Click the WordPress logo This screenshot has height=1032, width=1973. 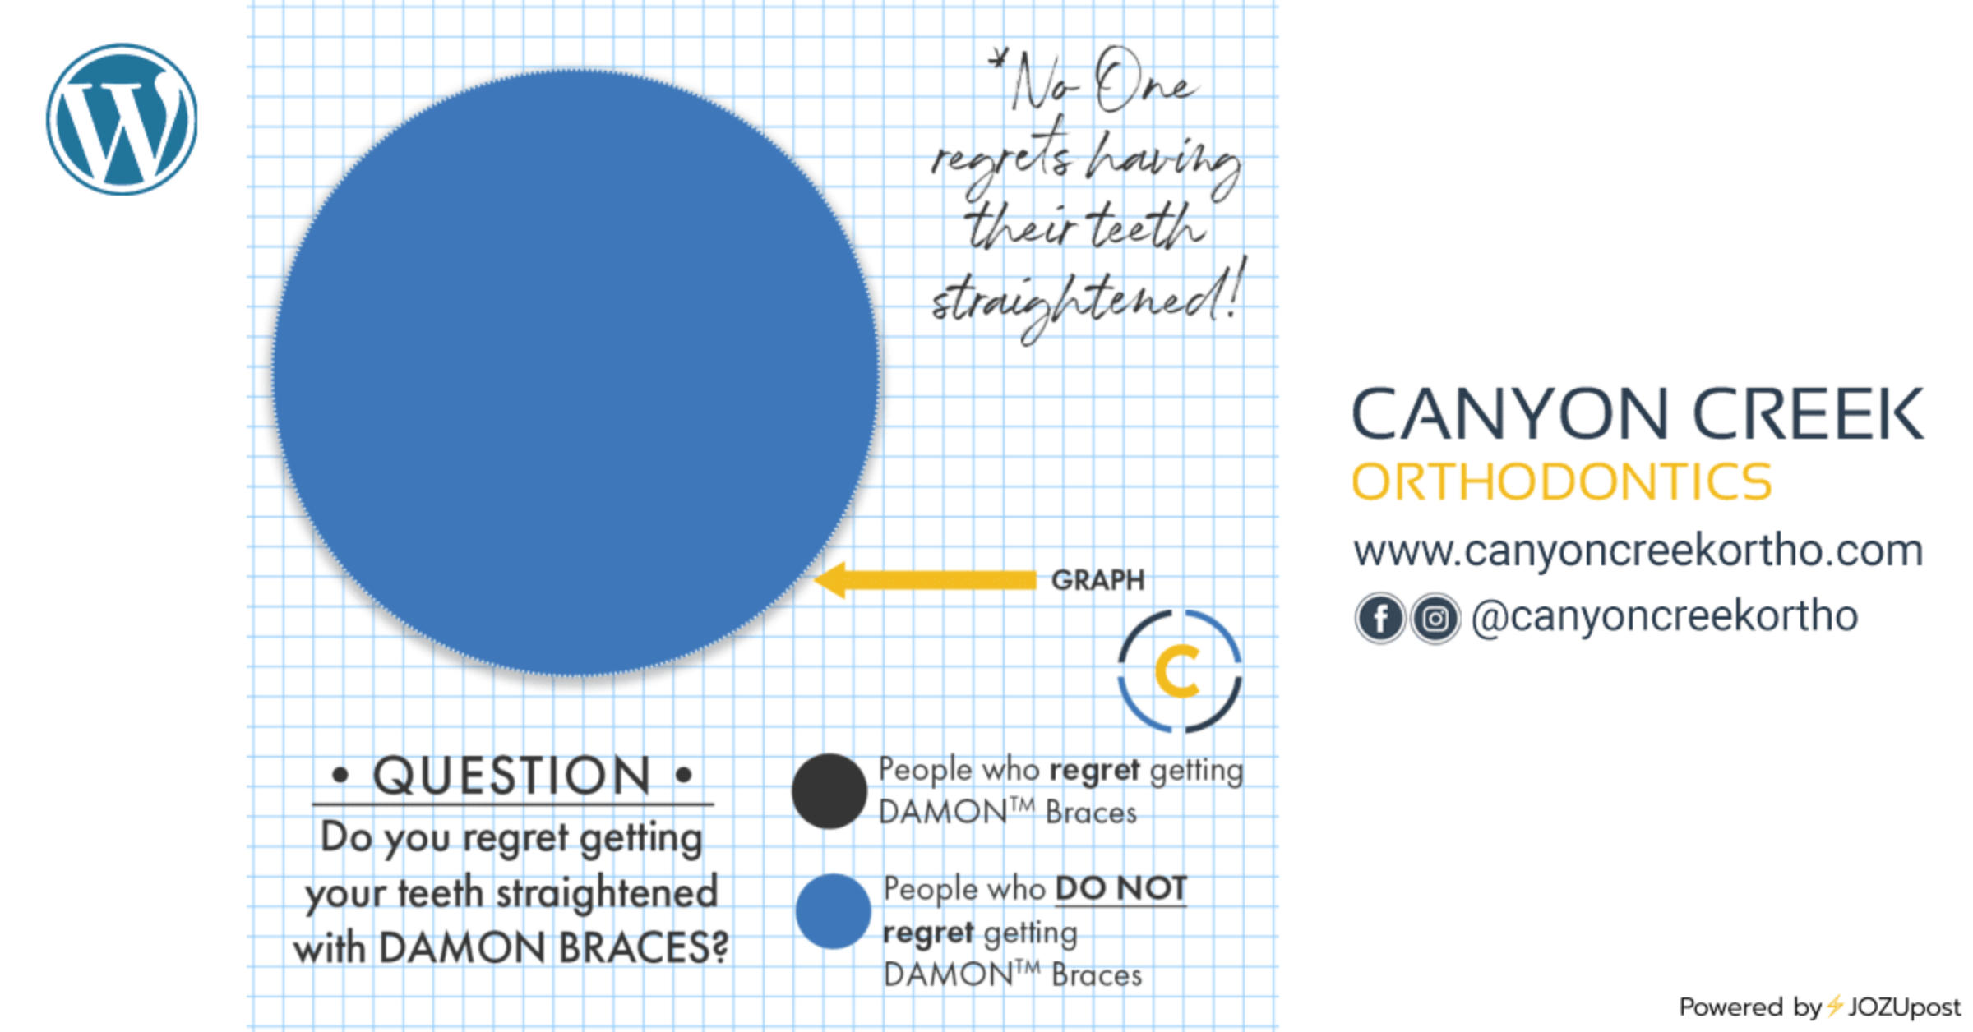click(x=122, y=120)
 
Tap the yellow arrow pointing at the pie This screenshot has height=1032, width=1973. click(x=925, y=580)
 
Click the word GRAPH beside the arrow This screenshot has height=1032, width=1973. click(x=1097, y=580)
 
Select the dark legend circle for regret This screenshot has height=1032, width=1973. click(x=829, y=790)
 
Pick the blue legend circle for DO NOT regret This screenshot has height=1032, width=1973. click(x=833, y=911)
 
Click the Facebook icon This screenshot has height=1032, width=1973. click(x=1380, y=618)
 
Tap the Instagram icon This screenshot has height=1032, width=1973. click(x=1435, y=618)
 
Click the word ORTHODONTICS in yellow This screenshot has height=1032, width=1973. click(x=1561, y=481)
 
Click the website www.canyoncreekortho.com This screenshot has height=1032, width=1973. click(x=1638, y=551)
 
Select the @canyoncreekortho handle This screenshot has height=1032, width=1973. click(x=1665, y=616)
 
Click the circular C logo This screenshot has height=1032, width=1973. click(x=1180, y=670)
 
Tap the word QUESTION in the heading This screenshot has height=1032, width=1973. click(x=511, y=776)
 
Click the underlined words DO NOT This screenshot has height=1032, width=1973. click(x=1121, y=888)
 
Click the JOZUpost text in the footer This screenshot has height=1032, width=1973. click(x=1904, y=1007)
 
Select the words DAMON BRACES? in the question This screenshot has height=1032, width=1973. click(x=553, y=947)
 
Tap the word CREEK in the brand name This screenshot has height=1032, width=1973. click(x=1808, y=413)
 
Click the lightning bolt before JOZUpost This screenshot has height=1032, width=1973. click(x=1835, y=1006)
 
